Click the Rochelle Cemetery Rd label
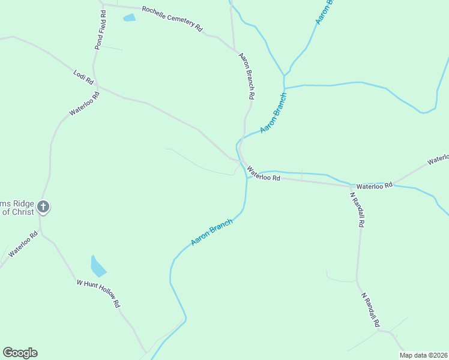click(172, 19)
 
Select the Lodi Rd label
click(83, 77)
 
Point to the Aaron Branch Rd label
click(247, 76)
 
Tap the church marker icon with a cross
click(43, 207)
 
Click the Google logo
click(20, 353)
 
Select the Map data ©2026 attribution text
click(423, 355)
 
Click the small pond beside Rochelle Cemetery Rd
click(129, 17)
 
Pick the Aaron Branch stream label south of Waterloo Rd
click(211, 232)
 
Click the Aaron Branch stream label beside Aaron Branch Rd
click(274, 113)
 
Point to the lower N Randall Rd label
click(371, 310)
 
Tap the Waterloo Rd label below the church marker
click(23, 245)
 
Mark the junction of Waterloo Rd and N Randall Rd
click(351, 186)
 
